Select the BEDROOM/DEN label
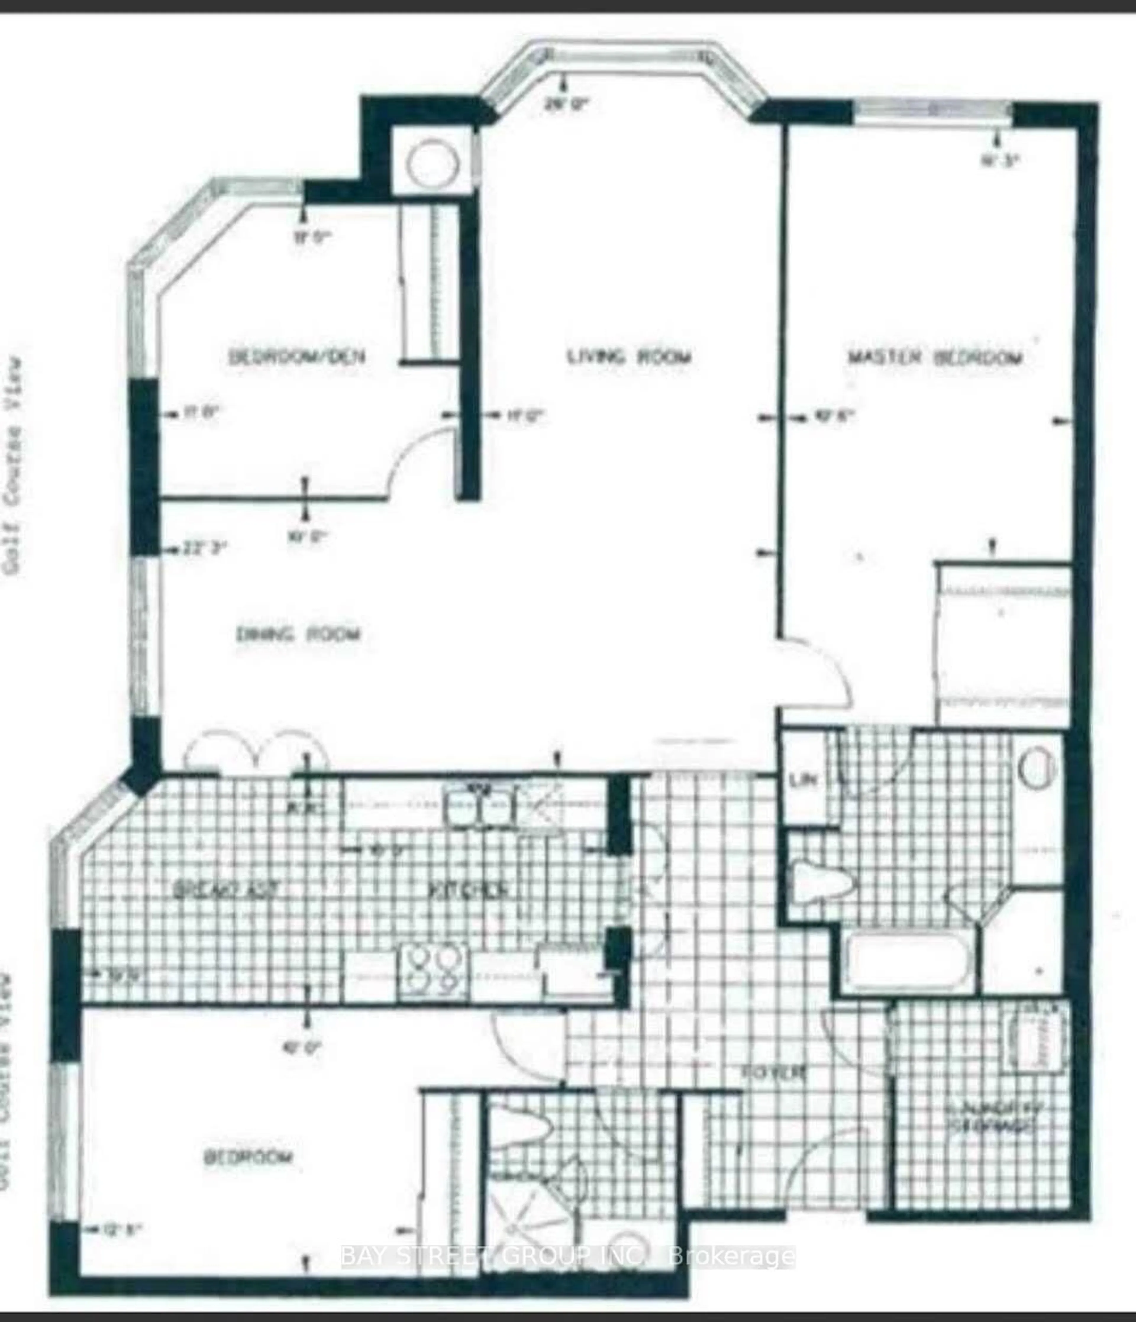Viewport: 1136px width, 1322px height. pos(297,357)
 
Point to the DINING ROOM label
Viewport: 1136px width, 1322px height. pos(298,634)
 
